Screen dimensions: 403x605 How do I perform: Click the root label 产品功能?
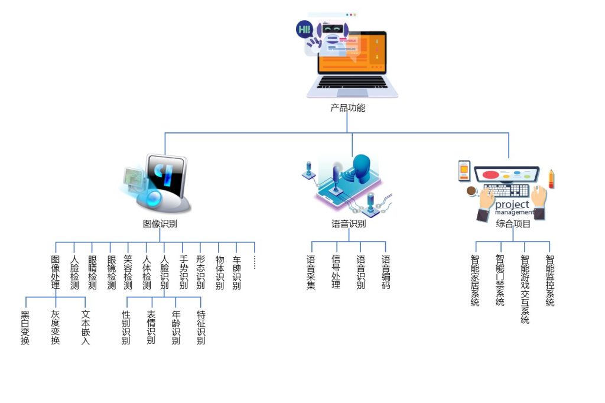(347, 108)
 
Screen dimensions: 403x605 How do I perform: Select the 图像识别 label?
(160, 224)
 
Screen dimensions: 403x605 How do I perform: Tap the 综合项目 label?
(513, 224)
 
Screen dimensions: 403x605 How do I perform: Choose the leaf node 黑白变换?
(25, 328)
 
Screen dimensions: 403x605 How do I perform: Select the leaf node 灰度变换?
(56, 328)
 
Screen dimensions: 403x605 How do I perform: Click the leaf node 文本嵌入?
(86, 328)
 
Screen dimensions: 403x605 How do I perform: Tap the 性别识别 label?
(126, 328)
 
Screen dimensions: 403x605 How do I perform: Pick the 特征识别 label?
(201, 328)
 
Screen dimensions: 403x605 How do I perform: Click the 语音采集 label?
(311, 272)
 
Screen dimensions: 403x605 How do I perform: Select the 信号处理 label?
(336, 272)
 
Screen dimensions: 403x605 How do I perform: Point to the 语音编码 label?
(386, 272)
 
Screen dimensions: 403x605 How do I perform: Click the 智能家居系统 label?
(475, 281)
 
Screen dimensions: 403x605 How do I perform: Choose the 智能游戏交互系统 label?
(525, 290)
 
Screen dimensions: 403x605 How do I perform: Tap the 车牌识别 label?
(236, 272)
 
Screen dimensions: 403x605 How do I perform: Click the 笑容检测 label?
(128, 272)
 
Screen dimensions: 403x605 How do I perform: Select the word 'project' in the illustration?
(512, 204)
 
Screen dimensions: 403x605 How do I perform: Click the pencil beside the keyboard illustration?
(551, 178)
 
